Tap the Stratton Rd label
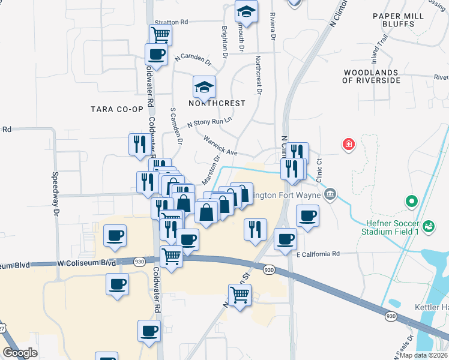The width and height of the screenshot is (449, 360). [x=171, y=22]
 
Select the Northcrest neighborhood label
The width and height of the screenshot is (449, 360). [x=217, y=103]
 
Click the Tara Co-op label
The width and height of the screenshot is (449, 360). [x=117, y=109]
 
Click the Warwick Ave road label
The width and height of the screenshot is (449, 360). [x=220, y=145]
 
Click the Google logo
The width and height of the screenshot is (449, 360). [x=20, y=353]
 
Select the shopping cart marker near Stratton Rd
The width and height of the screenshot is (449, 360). [x=160, y=35]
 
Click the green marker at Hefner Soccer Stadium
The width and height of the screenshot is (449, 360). [x=411, y=202]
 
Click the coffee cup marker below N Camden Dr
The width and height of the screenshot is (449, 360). [x=156, y=55]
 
